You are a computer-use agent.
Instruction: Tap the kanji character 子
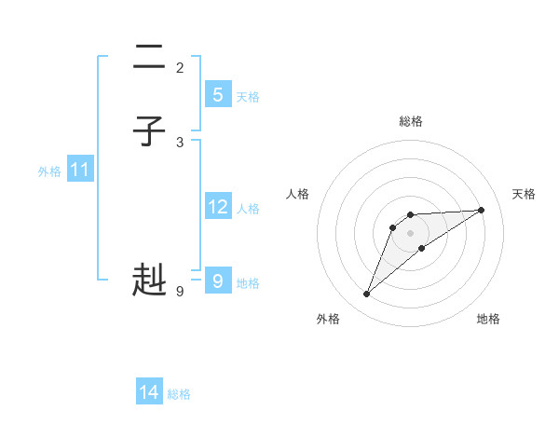tap(149, 131)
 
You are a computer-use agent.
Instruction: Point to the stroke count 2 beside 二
tap(180, 67)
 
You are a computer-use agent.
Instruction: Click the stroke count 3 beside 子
tap(180, 142)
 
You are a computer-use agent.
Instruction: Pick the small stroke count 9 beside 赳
tap(180, 291)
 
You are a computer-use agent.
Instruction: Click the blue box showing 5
tap(217, 94)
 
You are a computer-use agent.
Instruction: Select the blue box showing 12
tap(217, 206)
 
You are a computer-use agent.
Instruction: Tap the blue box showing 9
tap(217, 280)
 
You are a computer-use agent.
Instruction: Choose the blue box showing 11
tap(80, 170)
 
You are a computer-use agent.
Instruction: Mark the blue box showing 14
tap(149, 392)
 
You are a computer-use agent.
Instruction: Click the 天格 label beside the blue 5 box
tap(248, 97)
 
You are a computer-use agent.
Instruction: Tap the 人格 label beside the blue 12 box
tap(248, 209)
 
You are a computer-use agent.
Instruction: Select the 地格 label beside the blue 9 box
tap(248, 283)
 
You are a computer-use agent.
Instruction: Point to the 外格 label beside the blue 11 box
tap(49, 172)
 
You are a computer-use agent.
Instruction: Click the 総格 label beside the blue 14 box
tap(179, 395)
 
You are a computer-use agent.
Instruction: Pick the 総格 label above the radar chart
tap(411, 121)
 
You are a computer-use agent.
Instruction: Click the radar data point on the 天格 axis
tap(482, 210)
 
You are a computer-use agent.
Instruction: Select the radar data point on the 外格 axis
tap(367, 294)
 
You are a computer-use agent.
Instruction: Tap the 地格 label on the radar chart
tap(488, 319)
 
